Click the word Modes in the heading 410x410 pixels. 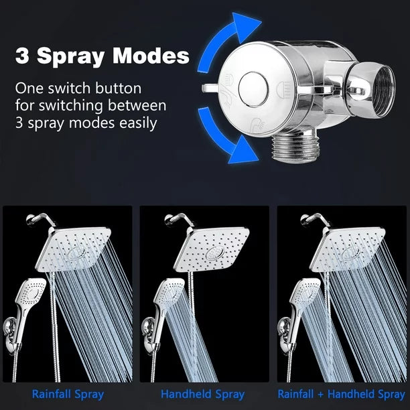point(151,56)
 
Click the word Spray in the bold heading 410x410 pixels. point(70,57)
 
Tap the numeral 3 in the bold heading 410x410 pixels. point(22,56)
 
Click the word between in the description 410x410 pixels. point(137,105)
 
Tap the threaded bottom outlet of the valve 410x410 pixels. point(295,148)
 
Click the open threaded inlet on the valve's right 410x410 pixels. point(383,90)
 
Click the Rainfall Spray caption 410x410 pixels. point(68,394)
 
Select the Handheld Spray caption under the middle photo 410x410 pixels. point(202,394)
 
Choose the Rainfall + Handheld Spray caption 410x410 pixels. point(341,394)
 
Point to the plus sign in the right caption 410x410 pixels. point(321,395)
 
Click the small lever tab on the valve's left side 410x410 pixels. point(209,88)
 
